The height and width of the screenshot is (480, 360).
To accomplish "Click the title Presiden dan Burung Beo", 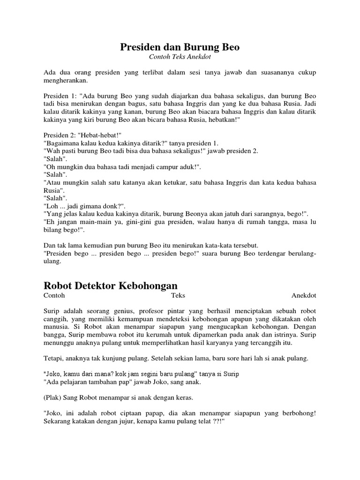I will (180, 47).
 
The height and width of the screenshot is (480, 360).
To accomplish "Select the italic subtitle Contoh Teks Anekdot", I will (180, 57).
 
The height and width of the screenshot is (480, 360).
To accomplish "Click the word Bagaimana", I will (60, 143).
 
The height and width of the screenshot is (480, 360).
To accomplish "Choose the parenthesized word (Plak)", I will (52, 397).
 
